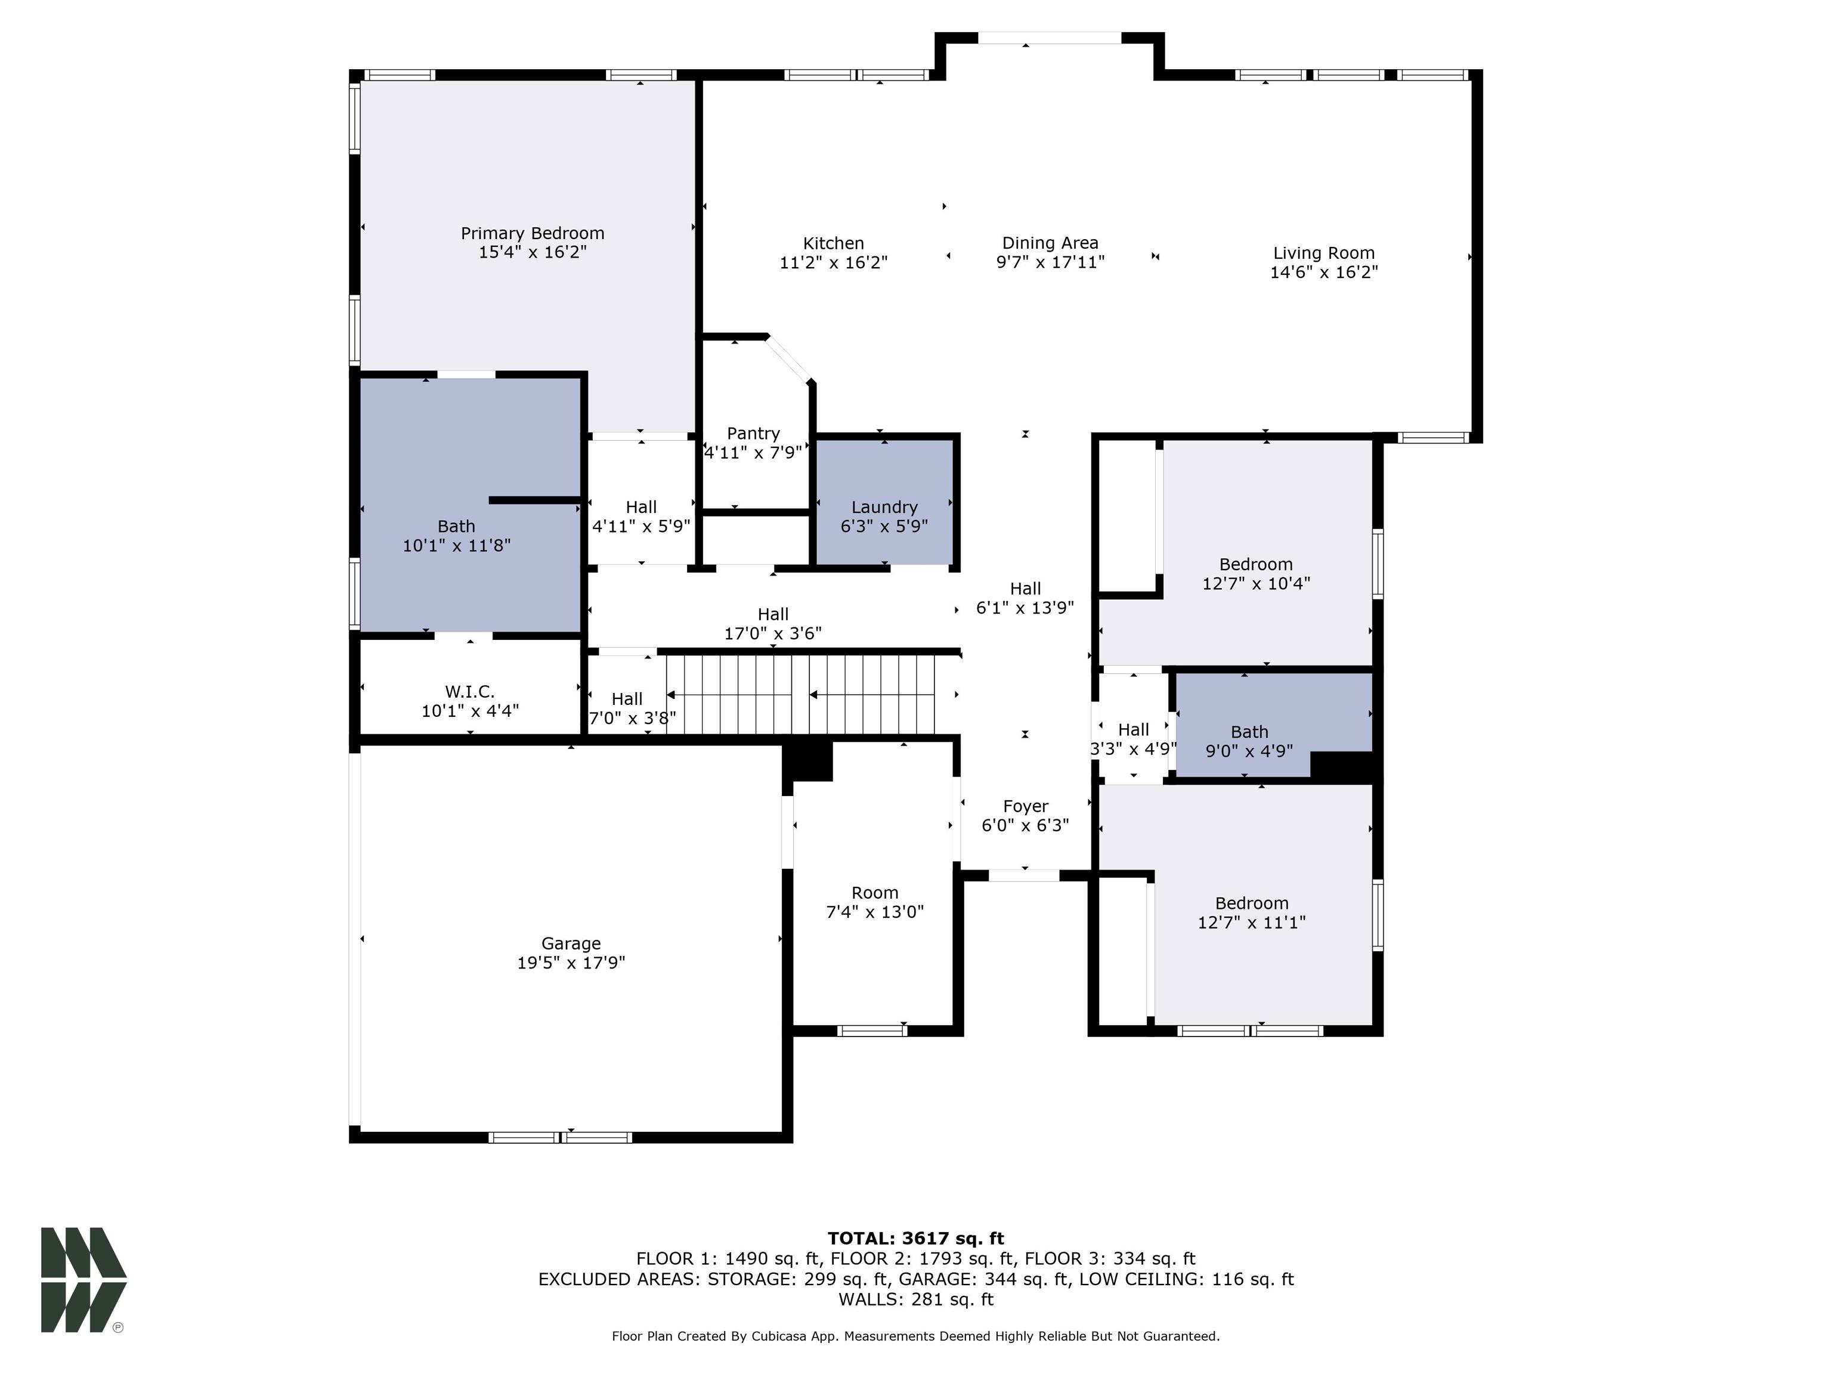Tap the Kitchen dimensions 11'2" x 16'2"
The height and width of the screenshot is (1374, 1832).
coord(833,262)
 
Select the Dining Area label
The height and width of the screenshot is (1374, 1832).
coord(1050,243)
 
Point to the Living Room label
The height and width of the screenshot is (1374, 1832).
coord(1323,253)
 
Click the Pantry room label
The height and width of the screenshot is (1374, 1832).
coord(753,433)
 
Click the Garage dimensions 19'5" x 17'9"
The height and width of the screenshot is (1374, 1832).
coord(571,963)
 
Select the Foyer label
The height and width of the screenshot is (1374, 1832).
coord(1025,806)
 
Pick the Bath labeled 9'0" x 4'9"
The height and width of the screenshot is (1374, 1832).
coord(1249,741)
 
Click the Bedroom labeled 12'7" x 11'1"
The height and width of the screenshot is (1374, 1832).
coord(1251,912)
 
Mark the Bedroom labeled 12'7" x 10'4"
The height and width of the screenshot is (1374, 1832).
coord(1255,573)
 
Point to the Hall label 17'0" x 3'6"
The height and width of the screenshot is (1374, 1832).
coord(773,623)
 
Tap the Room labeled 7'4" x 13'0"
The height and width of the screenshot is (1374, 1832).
coord(875,902)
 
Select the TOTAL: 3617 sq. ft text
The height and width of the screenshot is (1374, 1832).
coord(915,1238)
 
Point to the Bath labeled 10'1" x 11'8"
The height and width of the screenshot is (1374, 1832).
coord(456,535)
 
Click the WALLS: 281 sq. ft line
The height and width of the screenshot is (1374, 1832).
coord(915,1299)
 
